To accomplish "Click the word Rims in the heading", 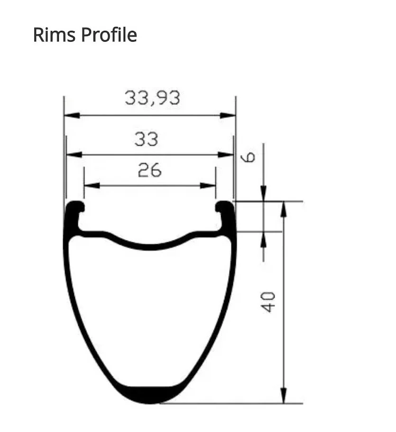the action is (x=54, y=35).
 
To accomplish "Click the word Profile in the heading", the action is (x=109, y=35).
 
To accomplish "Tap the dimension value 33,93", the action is (x=152, y=98).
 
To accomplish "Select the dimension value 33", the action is (x=147, y=139).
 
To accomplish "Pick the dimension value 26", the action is (x=150, y=170).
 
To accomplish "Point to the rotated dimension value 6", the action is (x=248, y=157).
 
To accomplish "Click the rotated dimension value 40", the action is (x=268, y=302).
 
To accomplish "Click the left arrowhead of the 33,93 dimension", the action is (x=72, y=115).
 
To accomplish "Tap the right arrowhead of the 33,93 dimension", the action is (x=228, y=115).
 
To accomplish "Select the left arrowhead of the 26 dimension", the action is (x=92, y=185).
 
